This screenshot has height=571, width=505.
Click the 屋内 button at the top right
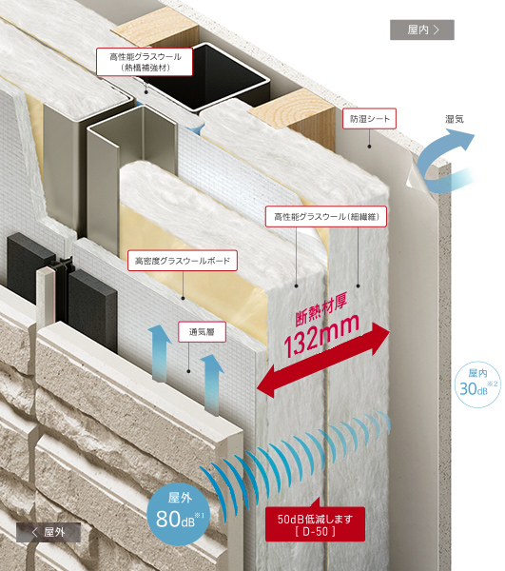coord(422,30)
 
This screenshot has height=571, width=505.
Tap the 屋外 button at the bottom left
coord(49,532)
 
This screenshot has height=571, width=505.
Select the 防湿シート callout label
coord(369,118)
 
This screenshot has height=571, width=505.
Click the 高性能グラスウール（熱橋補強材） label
coord(145,62)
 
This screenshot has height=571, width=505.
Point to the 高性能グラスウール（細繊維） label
coord(326,217)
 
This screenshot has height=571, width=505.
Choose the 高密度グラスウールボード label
coord(183,261)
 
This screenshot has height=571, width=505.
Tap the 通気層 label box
coord(202,332)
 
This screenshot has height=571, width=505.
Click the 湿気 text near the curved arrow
coord(455,119)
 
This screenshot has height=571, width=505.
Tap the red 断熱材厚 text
coord(320,308)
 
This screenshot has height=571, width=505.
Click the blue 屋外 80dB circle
coord(179,514)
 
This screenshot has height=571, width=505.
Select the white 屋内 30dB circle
coord(477,384)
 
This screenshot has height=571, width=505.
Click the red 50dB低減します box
coord(315,524)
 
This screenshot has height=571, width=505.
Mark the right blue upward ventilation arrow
coord(212,384)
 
